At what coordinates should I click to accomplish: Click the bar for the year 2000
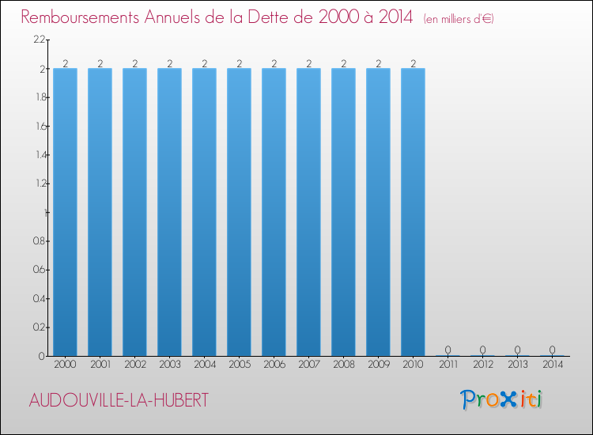(65, 212)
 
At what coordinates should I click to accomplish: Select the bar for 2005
(239, 212)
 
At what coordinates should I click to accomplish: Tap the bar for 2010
(413, 212)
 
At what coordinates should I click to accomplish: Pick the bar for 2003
(169, 212)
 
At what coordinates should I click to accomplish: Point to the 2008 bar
(343, 212)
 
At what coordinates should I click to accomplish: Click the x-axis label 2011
(448, 365)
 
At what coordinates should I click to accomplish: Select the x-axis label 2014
(552, 365)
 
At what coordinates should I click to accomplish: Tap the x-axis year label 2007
(308, 365)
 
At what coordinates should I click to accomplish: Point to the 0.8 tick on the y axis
(39, 241)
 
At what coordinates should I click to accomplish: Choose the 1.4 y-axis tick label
(39, 155)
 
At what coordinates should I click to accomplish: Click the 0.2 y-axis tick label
(39, 327)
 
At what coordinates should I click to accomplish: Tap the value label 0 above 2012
(482, 350)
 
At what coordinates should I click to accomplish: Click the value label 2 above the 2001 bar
(100, 63)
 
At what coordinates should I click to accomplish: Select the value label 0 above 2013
(517, 350)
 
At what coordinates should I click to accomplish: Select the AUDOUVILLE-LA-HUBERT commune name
(119, 400)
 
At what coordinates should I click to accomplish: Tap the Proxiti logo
(501, 399)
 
